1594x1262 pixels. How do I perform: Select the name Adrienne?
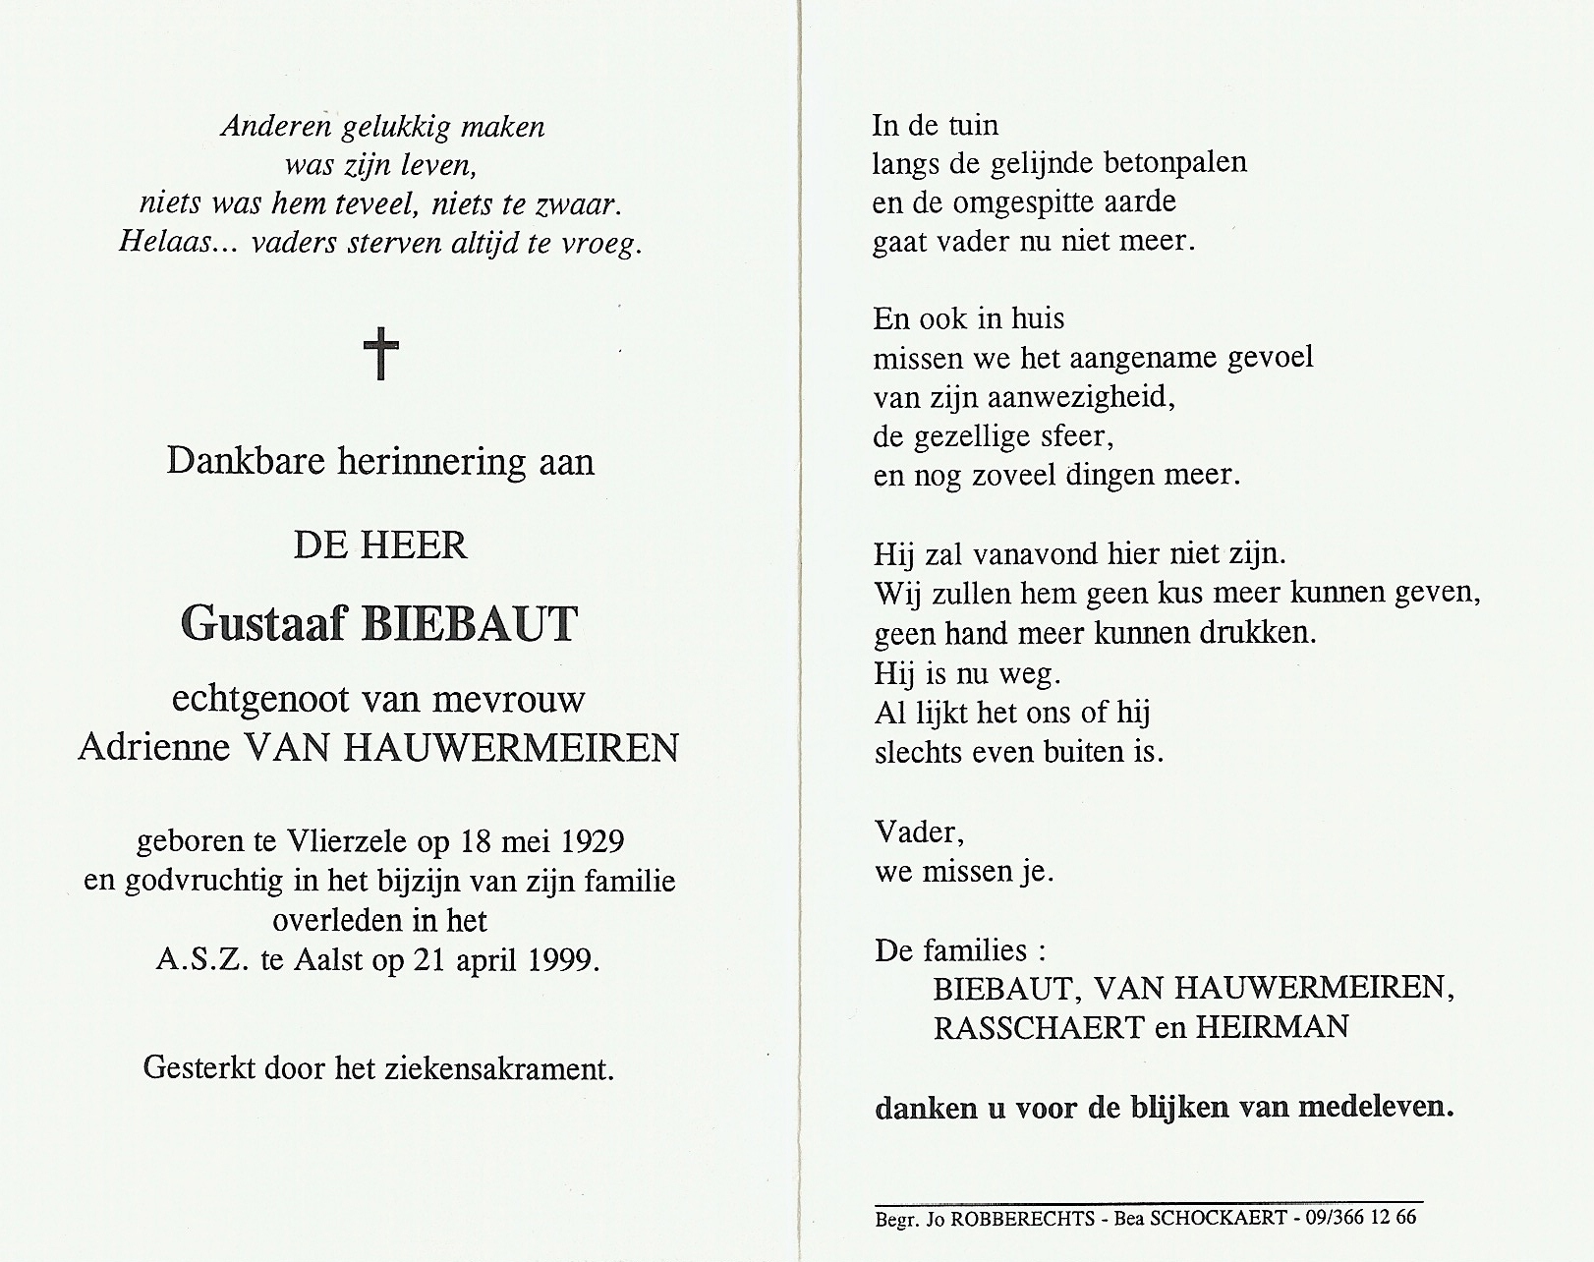153,748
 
